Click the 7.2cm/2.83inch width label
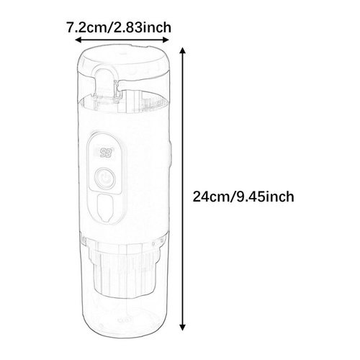tap(119, 27)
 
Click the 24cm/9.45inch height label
tap(243, 197)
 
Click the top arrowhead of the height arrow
tap(183, 51)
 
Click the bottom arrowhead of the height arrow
tap(183, 328)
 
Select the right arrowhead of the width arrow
tap(166, 40)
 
